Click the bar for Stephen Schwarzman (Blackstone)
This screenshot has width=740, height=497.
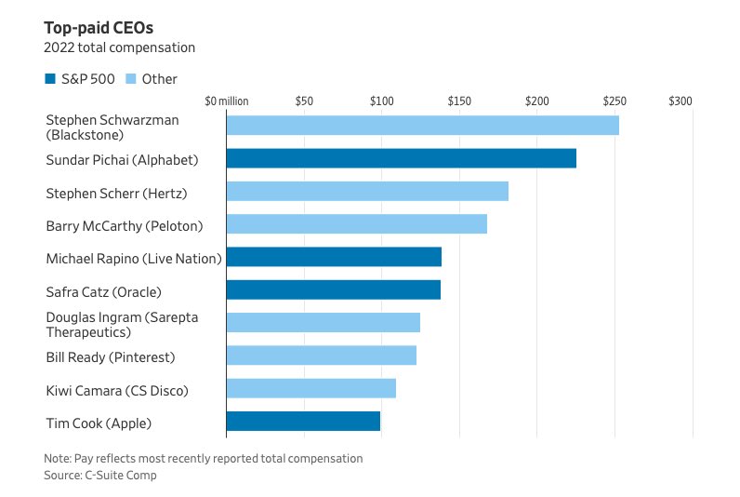423,126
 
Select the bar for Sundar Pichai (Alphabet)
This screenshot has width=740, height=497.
402,158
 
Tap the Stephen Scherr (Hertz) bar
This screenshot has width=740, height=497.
367,192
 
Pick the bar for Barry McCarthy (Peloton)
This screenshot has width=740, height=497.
357,224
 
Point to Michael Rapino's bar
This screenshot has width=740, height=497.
334,257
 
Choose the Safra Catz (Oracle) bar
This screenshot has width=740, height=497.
334,289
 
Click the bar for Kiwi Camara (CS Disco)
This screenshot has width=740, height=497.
311,388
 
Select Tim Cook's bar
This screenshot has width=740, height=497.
303,421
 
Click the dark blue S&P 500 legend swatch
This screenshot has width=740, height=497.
50,79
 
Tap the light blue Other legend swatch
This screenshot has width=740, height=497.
131,79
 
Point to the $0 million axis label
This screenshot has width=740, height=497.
227,101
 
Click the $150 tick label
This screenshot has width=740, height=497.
459,101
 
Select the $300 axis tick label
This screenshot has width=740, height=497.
681,101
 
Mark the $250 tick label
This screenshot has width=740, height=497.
614,101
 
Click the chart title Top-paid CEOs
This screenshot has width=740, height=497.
99,28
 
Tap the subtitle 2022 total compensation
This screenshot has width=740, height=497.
119,47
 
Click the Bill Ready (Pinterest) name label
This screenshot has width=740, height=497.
111,357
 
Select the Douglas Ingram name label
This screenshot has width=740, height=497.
122,325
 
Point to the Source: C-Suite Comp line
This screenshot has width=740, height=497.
100,476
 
